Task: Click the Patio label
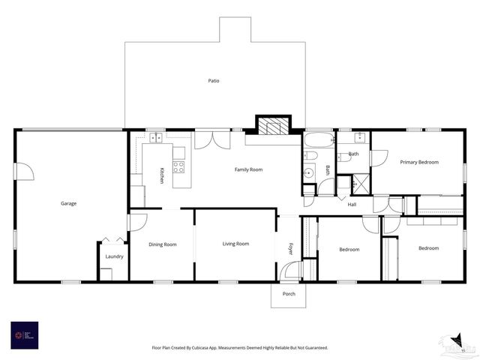tap(214, 80)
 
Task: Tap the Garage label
tap(69, 203)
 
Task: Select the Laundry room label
tap(114, 256)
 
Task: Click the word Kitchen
tap(161, 175)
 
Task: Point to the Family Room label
tap(248, 169)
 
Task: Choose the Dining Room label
tap(163, 244)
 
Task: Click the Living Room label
tap(235, 244)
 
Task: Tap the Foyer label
tap(291, 248)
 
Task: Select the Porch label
tap(289, 293)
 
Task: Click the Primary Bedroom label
tap(419, 162)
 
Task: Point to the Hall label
tap(352, 204)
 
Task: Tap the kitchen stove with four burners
tap(178, 167)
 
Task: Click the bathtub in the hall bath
tap(319, 139)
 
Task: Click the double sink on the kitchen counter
tap(157, 138)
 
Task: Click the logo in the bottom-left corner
tap(24, 334)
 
